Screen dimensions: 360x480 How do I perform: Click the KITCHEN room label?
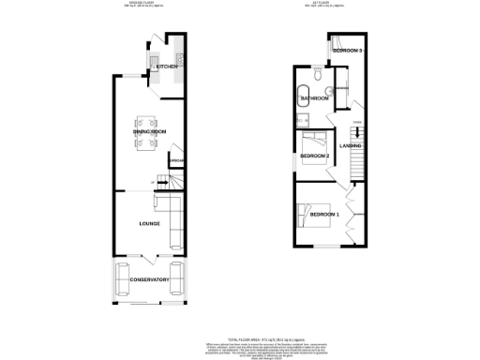click(x=167, y=67)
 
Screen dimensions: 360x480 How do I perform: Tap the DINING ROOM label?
click(x=149, y=133)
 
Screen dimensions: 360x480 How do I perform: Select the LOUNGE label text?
click(x=148, y=223)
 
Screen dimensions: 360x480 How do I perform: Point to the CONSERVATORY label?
click(x=148, y=279)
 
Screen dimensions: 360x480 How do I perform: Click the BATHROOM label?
click(x=314, y=97)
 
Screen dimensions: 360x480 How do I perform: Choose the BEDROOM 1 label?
click(x=325, y=216)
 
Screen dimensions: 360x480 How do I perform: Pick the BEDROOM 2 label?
click(x=315, y=156)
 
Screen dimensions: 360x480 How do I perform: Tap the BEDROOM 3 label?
click(x=348, y=49)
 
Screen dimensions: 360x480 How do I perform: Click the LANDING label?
click(x=351, y=145)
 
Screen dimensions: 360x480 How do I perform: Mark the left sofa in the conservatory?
click(x=122, y=279)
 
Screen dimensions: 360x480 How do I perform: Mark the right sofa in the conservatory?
click(x=176, y=279)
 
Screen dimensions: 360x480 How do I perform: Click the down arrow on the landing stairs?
click(x=356, y=134)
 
